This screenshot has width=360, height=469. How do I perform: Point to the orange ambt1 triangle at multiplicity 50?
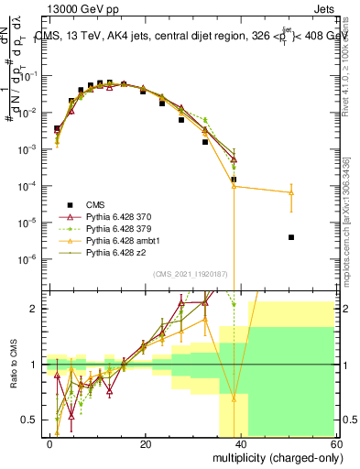[290, 193]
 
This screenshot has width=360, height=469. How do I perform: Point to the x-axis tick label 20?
[145, 442]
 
